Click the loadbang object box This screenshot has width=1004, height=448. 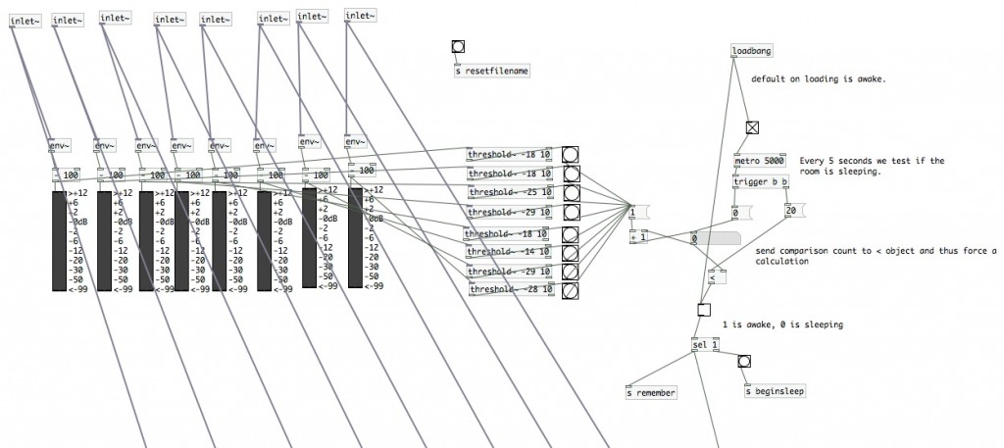[x=752, y=50]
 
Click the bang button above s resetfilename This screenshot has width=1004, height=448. [x=458, y=46]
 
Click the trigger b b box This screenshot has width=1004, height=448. [x=761, y=181]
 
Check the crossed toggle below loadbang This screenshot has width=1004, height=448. [x=752, y=127]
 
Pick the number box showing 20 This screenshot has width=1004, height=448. [x=793, y=211]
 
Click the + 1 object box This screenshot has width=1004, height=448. [x=637, y=236]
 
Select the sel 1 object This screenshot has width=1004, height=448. [x=704, y=344]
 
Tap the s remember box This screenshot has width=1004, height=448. [x=651, y=392]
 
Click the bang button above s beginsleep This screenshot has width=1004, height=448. [x=744, y=362]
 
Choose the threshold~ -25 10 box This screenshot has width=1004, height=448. [x=509, y=192]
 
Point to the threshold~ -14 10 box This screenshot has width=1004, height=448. [x=509, y=252]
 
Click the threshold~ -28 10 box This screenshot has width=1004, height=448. [x=509, y=289]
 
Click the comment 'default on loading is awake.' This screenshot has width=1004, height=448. [x=819, y=79]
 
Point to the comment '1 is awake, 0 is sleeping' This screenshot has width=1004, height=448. [x=781, y=324]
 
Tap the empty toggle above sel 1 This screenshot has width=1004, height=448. [x=703, y=312]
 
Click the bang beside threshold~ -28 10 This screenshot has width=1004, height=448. [x=569, y=290]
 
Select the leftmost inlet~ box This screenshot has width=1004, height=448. [x=25, y=22]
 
